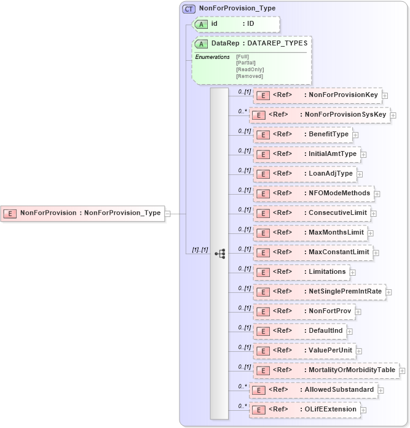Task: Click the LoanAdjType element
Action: click(x=304, y=174)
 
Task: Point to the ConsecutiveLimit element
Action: click(x=312, y=213)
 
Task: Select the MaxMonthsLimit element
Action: click(x=310, y=233)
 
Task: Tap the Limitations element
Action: click(x=301, y=272)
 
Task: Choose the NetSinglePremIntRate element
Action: click(x=319, y=292)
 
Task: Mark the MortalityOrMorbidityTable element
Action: click(x=326, y=370)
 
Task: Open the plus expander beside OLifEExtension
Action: click(x=364, y=410)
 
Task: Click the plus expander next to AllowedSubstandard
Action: click(x=381, y=390)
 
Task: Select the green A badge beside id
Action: click(x=200, y=24)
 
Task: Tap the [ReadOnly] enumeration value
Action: click(x=250, y=69)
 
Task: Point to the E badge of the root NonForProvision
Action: click(x=10, y=213)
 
